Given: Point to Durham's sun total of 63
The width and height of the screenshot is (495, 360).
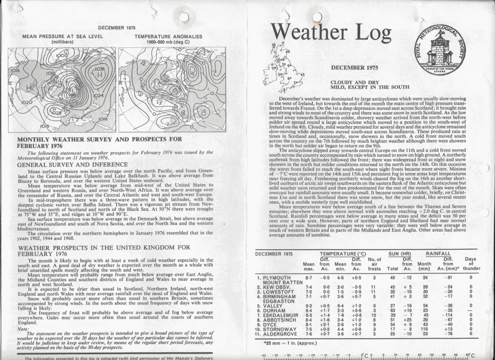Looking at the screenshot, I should pos(392,310).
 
